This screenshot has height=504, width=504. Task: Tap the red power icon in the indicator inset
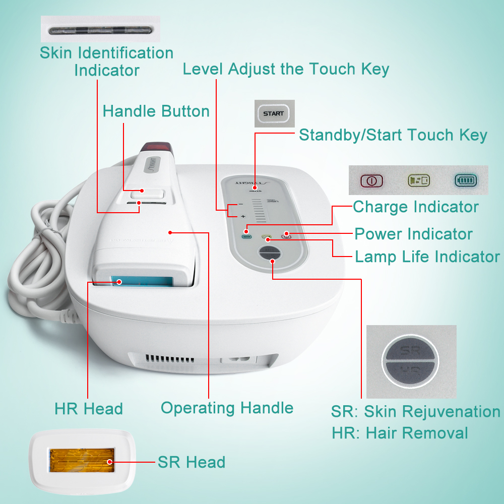coord(371,180)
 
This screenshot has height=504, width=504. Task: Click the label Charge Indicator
coord(415,207)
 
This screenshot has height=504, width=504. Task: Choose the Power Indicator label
coord(413,234)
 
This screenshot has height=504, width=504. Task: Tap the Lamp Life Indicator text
coord(427,257)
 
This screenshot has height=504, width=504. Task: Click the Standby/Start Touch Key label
coord(393,135)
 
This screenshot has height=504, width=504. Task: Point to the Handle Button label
coord(156,111)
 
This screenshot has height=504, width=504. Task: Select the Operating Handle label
coord(227,408)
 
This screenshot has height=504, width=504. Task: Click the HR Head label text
coord(89,409)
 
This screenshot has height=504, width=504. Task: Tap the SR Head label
coord(192,462)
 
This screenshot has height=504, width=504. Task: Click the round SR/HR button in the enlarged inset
coord(410,361)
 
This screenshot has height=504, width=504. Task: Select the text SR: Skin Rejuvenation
coord(415,411)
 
